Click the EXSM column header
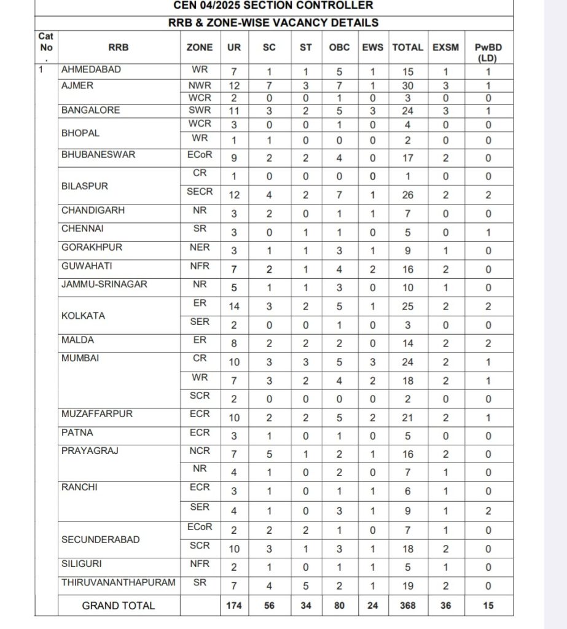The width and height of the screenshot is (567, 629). [x=445, y=47]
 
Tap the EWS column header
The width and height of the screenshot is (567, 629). [x=372, y=47]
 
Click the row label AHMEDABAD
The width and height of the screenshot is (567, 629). [x=91, y=70]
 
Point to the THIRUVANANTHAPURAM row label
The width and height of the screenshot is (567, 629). [x=118, y=582]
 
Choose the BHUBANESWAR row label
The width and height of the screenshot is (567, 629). [x=98, y=155]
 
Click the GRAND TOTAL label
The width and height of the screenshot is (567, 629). [x=119, y=606]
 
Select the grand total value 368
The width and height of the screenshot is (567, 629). [x=407, y=606]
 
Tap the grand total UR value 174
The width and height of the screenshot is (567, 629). [x=233, y=606]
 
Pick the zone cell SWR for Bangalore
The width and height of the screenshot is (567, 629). [x=200, y=111]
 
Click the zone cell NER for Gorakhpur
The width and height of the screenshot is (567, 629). [x=200, y=248]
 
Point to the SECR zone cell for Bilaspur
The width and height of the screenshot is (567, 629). [x=200, y=192]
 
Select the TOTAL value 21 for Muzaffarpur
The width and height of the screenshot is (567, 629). [x=407, y=418]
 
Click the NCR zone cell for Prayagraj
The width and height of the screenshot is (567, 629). [x=200, y=451]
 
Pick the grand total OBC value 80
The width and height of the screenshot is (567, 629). [x=340, y=606]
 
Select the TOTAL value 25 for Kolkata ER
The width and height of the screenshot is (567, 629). [x=407, y=307]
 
